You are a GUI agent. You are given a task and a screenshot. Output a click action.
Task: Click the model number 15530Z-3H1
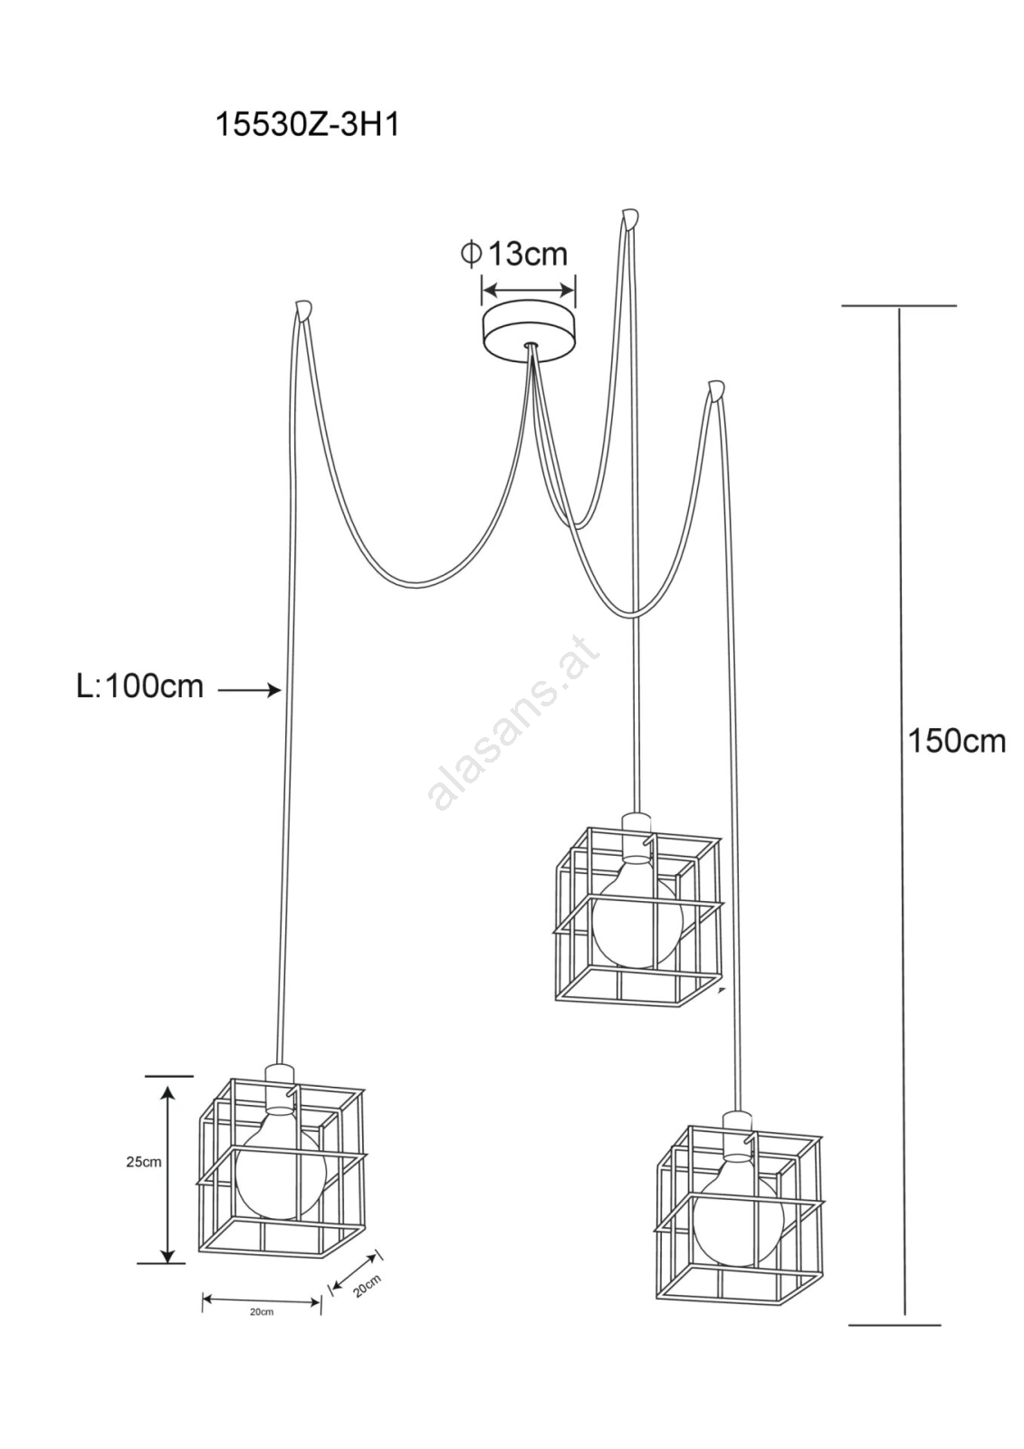pyautogui.click(x=307, y=125)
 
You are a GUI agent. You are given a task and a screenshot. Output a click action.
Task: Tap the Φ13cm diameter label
pyautogui.click(x=514, y=254)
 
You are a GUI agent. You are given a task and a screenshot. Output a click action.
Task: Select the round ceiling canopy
pyautogui.click(x=529, y=328)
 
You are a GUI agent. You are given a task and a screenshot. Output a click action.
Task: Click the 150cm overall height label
pyautogui.click(x=957, y=742)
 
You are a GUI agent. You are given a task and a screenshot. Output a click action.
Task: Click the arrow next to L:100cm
pyautogui.click(x=249, y=691)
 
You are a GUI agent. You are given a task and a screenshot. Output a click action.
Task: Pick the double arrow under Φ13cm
pyautogui.click(x=529, y=289)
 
